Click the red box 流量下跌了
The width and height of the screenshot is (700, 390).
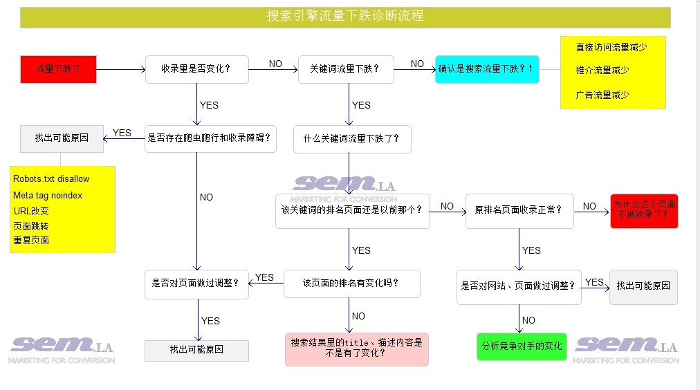point(59,69)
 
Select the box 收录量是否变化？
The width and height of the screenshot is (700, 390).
point(197,69)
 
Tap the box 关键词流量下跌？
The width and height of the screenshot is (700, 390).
point(346,69)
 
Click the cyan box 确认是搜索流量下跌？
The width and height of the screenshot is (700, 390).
point(487,69)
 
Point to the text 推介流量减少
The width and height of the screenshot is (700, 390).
point(602,70)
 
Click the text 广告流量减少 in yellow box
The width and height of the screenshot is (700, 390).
point(602,95)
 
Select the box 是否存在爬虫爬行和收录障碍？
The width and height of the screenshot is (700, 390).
point(210,139)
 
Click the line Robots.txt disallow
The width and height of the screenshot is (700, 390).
point(51,179)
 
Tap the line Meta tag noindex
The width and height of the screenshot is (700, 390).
point(48,196)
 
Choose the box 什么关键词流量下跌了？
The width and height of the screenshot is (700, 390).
point(352,139)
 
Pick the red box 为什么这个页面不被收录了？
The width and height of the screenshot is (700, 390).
point(644,211)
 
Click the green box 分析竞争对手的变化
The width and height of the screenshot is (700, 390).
point(522,346)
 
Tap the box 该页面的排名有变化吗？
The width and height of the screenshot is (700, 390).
point(352,284)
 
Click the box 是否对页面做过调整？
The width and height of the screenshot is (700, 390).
point(196,284)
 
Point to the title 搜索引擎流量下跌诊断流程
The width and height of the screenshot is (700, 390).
point(345,16)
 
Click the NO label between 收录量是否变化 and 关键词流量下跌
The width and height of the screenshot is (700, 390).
point(275,64)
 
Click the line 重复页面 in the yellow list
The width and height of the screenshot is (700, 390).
point(31,240)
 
